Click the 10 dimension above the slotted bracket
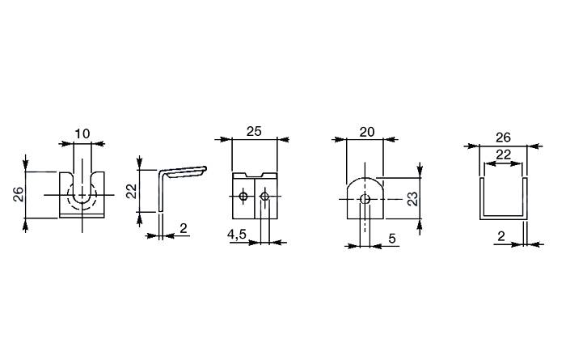[82, 134]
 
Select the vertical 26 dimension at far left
[19, 194]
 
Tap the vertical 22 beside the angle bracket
[133, 191]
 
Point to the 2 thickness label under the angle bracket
[184, 228]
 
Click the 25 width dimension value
[254, 131]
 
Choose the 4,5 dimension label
[236, 235]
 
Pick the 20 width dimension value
[367, 132]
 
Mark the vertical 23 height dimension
[412, 198]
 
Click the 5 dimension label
[392, 239]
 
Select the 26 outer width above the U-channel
[503, 138]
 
